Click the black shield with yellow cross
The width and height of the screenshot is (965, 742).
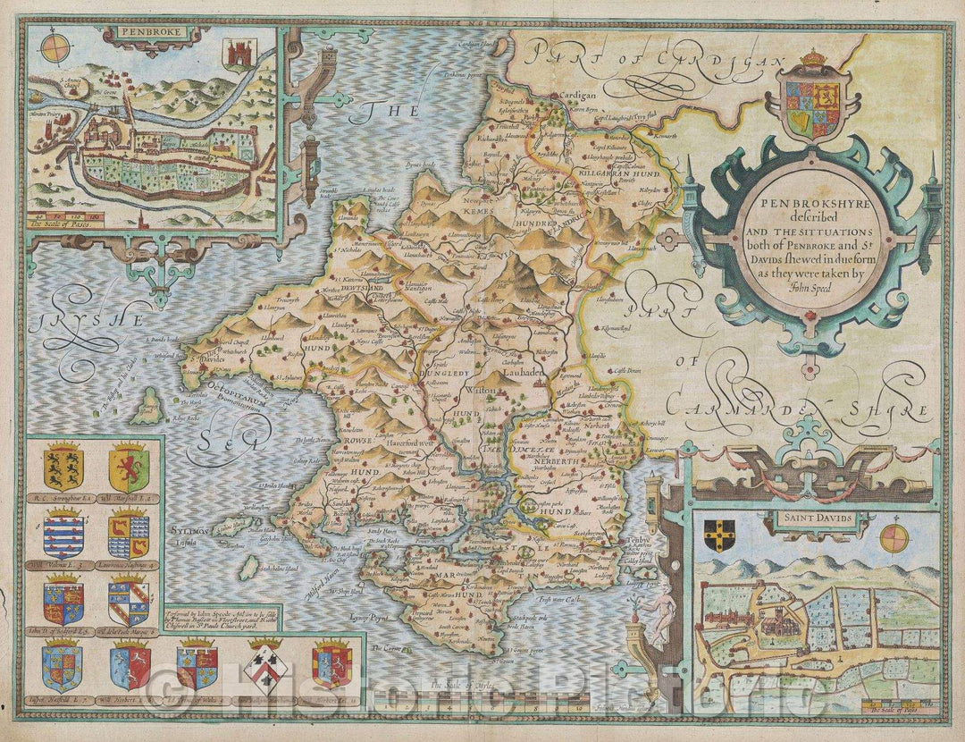point(719,532)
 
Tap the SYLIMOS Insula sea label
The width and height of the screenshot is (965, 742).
point(188,535)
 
